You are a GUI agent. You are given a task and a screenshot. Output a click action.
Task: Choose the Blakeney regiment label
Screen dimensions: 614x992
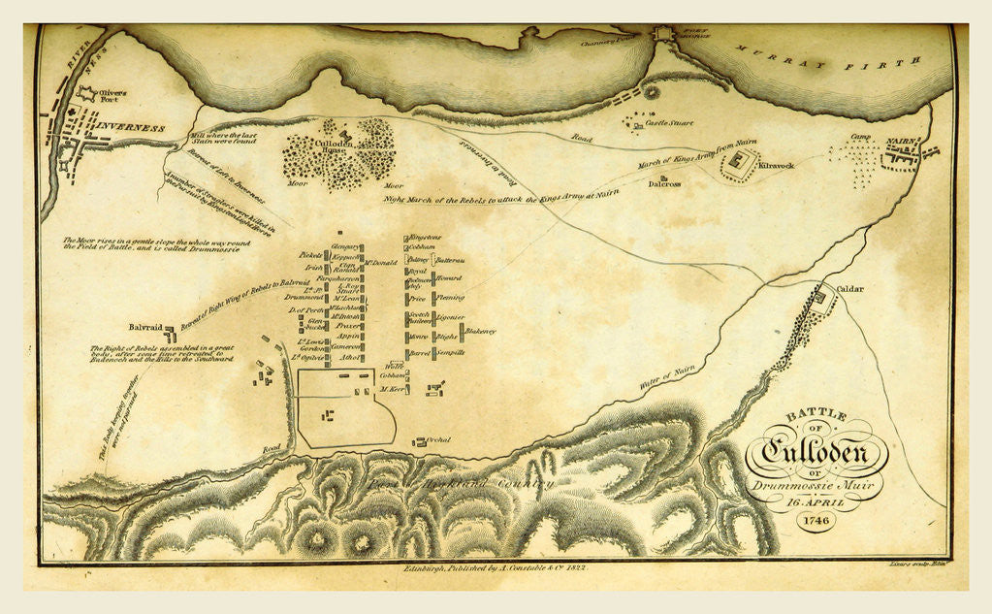(x=480, y=332)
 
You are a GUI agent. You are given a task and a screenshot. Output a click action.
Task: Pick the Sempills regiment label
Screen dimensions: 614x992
(x=451, y=353)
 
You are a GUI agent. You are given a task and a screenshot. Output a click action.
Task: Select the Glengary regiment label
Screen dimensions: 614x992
(x=346, y=247)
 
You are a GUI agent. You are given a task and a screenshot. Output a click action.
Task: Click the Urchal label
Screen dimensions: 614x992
(x=437, y=440)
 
